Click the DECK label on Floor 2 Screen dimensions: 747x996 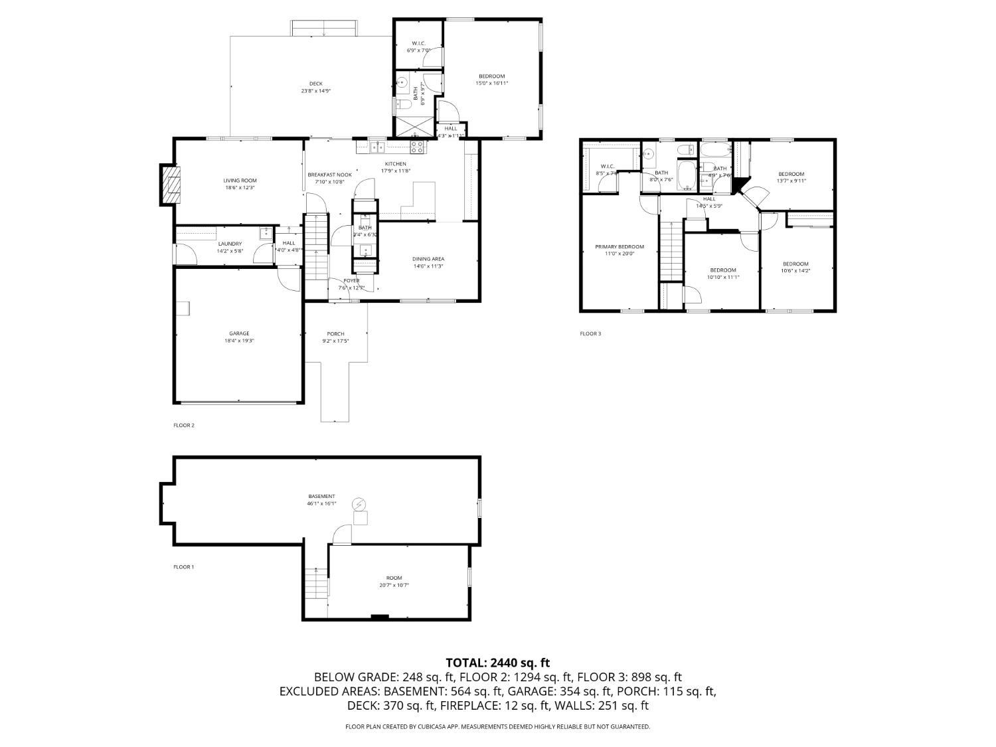[315, 84]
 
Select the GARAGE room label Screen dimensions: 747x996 [239, 333]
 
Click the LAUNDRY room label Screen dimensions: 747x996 [230, 244]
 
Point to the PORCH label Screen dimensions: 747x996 [335, 333]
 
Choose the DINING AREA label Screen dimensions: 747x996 [428, 258]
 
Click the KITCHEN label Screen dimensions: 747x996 [395, 164]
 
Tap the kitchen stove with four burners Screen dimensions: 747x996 [417, 147]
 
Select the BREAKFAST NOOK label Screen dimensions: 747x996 [329, 175]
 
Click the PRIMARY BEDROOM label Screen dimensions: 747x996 [619, 246]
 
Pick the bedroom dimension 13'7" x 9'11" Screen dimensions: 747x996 [791, 181]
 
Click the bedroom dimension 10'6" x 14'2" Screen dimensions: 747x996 [795, 270]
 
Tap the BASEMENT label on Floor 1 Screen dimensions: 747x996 [321, 496]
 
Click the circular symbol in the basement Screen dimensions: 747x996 [359, 504]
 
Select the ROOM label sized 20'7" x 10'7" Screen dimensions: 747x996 [394, 578]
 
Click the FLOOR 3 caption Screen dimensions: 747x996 [590, 333]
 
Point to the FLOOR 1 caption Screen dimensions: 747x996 [183, 567]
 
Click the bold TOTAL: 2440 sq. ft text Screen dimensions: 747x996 [497, 662]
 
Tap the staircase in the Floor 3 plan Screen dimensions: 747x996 [671, 252]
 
